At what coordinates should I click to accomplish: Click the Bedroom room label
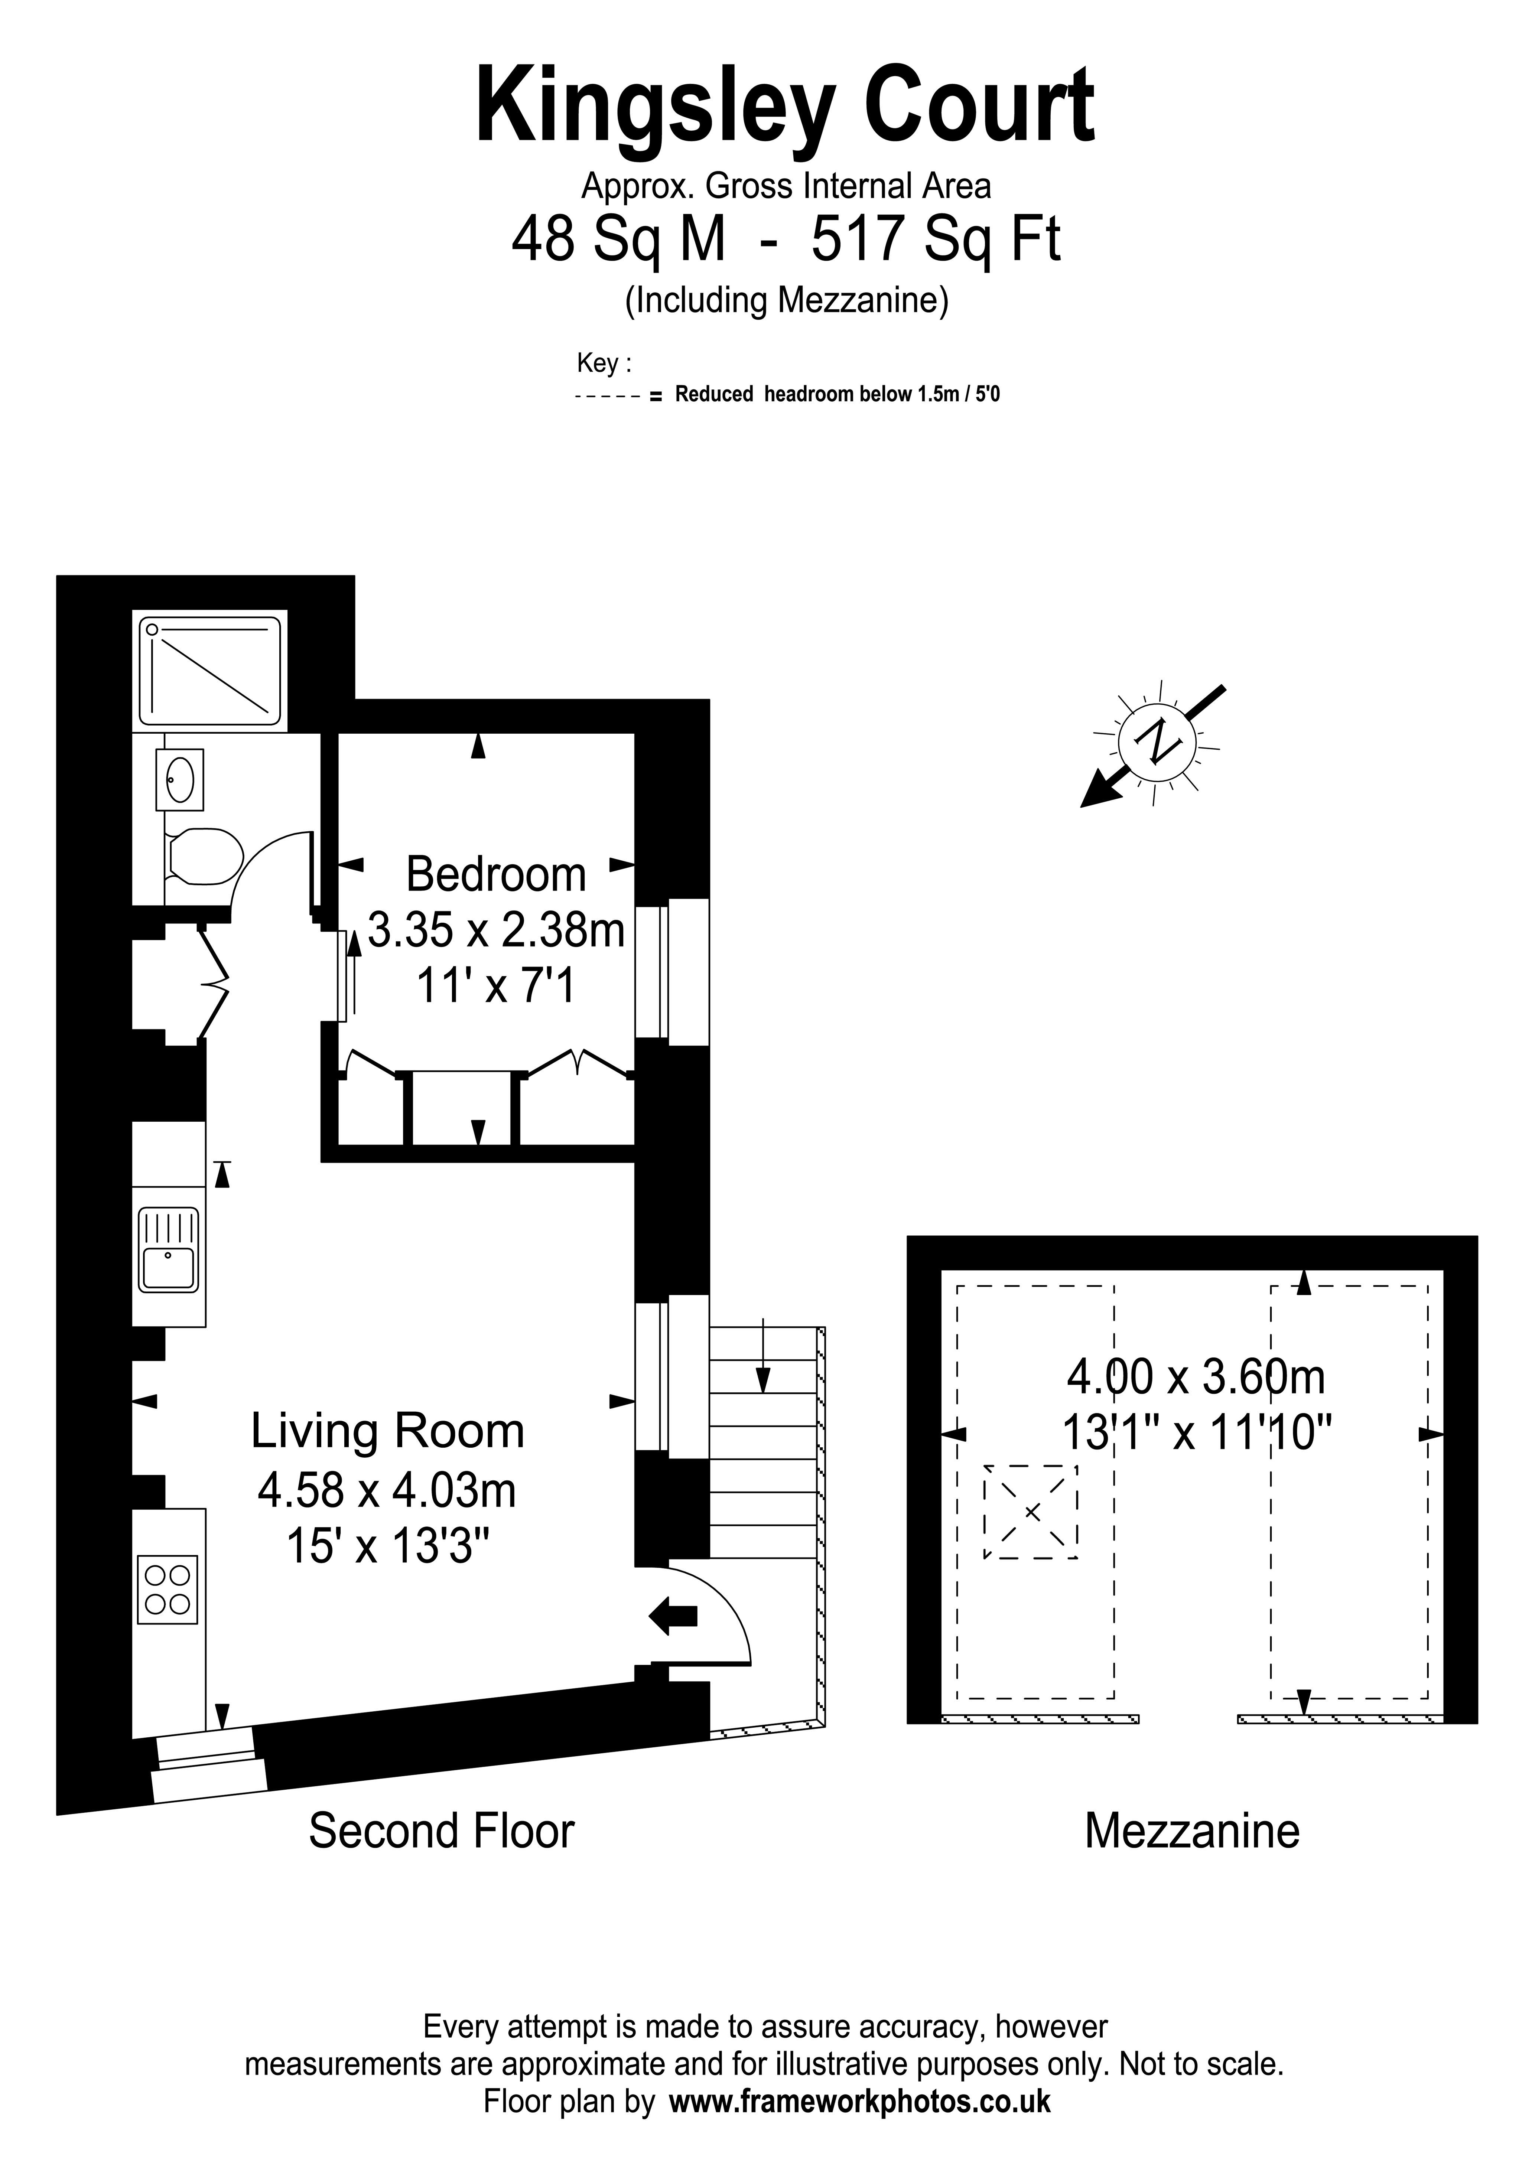tap(495, 874)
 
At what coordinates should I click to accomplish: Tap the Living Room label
tap(387, 1431)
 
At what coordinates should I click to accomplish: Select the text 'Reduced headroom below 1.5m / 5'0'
tap(837, 394)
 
